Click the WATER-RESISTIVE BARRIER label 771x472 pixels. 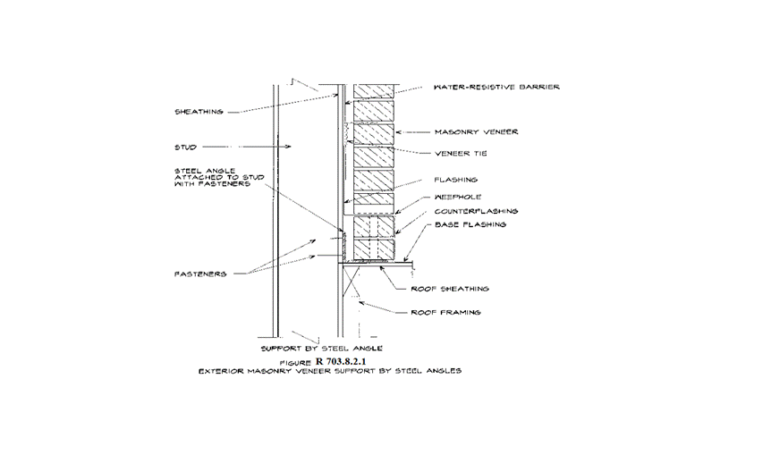(496, 87)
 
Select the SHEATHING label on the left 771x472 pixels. (199, 112)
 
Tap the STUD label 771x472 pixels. (185, 147)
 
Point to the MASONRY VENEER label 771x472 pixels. (476, 131)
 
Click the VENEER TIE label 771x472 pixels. (461, 154)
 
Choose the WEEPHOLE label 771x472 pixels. (457, 198)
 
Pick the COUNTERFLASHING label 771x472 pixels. (476, 211)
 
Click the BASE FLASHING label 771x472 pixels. (470, 224)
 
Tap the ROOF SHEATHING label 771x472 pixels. (450, 289)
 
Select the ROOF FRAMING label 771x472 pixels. (445, 312)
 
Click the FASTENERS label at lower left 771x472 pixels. (200, 274)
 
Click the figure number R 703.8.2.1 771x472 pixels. (341, 361)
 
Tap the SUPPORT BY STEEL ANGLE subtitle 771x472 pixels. (322, 349)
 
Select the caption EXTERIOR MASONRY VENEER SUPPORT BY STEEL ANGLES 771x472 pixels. (330, 371)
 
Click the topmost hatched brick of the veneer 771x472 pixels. (374, 91)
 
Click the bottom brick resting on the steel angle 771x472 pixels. (374, 249)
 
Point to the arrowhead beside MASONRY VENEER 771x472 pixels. (399, 132)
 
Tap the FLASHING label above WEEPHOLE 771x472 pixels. (455, 180)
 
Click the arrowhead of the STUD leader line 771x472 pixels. (289, 147)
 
